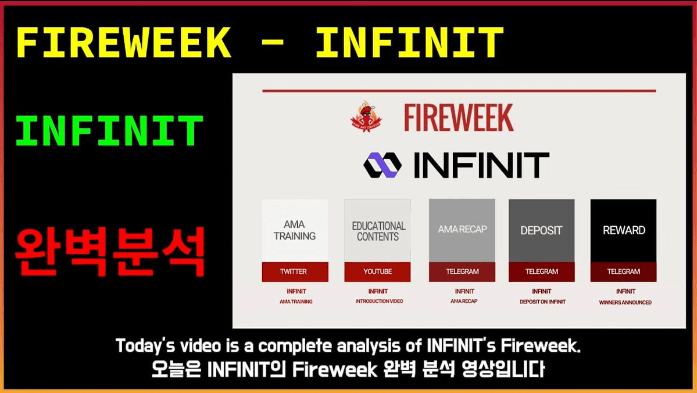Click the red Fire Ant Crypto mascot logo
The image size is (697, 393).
coord(366,116)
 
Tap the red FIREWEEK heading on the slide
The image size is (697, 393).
coord(459,117)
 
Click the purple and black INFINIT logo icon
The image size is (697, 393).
coord(383,165)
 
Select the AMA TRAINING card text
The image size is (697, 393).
coord(295,230)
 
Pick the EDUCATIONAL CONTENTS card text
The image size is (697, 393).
coord(378,231)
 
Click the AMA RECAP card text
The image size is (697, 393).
coord(462,230)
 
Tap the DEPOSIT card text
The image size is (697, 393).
coord(541,230)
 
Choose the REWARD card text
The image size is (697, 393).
coord(624,230)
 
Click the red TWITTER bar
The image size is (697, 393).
coord(295,271)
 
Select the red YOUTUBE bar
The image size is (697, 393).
coord(377,271)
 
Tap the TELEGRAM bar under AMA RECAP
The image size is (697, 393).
coord(462,271)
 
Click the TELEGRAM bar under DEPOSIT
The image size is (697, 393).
coord(541,271)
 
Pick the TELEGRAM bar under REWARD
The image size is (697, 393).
coord(623,271)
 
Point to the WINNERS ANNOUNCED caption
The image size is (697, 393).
coord(625,302)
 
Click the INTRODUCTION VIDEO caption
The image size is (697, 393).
coord(379,301)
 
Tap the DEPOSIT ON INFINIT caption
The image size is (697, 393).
coord(542,302)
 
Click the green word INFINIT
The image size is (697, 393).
coord(109,131)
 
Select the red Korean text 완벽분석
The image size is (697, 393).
coord(110,252)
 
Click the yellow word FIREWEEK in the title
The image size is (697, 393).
coord(124,42)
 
